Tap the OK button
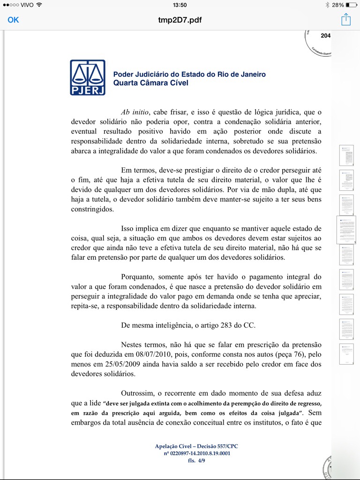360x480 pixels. [x=13, y=20]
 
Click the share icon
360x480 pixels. [x=345, y=20]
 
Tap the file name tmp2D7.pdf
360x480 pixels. [x=180, y=20]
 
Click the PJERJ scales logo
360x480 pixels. [x=88, y=77]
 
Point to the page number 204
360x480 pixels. [x=325, y=36]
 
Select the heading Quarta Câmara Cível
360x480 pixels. [x=150, y=82]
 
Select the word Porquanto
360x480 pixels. [x=140, y=277]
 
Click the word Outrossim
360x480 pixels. [x=139, y=393]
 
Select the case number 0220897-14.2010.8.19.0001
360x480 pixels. [x=196, y=454]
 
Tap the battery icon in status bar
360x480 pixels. [x=352, y=5]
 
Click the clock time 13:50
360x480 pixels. [x=180, y=5]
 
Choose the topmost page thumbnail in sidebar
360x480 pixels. [x=346, y=155]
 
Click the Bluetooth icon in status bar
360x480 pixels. [x=327, y=5]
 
